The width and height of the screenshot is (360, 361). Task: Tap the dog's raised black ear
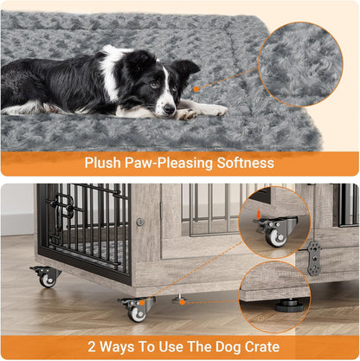(184, 68)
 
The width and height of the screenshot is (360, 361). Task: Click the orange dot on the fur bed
(197, 88)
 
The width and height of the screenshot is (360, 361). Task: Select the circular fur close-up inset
(299, 64)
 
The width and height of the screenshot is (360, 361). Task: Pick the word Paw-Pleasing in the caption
(170, 164)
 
